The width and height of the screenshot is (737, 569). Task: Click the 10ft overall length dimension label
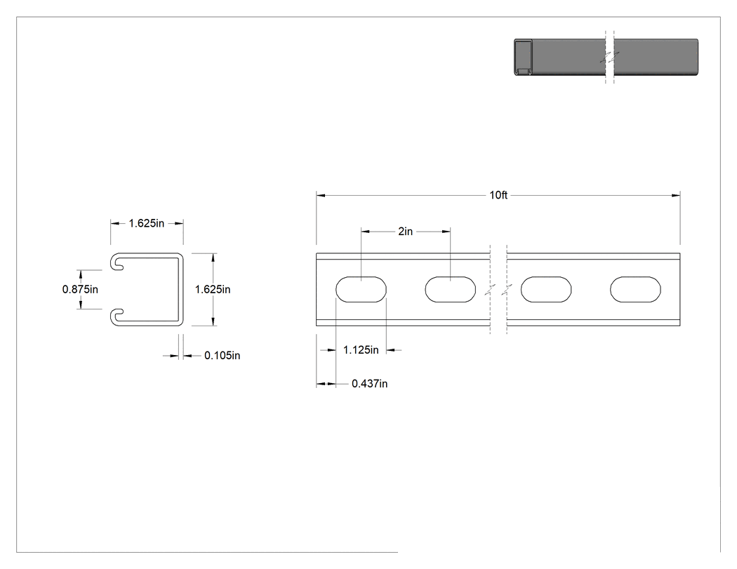point(498,195)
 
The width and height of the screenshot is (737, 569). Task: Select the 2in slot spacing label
point(405,231)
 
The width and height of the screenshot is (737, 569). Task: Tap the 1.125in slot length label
point(361,350)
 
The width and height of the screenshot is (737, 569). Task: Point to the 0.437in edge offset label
point(369,384)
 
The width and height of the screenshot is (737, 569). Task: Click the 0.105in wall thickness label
point(222,356)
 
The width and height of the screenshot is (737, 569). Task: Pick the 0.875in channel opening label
point(81,290)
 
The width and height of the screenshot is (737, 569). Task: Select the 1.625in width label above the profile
point(147,224)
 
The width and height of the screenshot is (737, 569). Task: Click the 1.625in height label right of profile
point(213,290)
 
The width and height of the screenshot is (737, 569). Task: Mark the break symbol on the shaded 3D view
point(610,58)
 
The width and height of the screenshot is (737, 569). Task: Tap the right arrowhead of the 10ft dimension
point(677,195)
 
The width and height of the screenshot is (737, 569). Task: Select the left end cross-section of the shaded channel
point(523,58)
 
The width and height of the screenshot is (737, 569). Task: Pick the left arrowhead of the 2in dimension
point(365,231)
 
